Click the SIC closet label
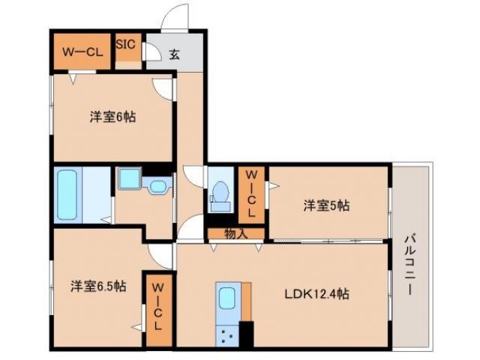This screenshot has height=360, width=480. pos(125,44)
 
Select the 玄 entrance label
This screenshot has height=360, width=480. pos(174,54)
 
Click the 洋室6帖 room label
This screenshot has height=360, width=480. pos(112,117)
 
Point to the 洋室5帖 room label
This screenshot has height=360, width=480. pos(326,205)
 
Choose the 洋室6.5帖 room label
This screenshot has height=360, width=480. pos(98,286)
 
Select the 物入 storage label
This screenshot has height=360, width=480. pos(236,234)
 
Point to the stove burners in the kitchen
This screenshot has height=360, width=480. pos(227,334)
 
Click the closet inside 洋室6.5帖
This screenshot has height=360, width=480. pos(157,307)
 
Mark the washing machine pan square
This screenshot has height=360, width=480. pos(127,180)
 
